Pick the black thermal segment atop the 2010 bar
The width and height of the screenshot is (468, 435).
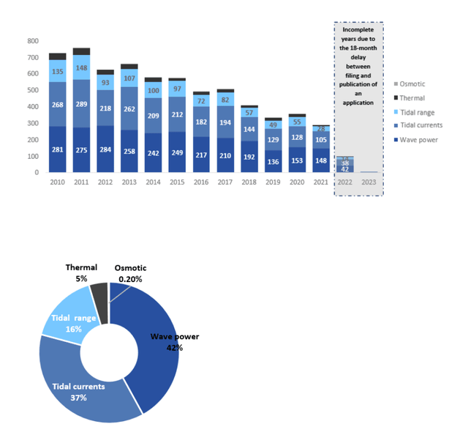coord(57,56)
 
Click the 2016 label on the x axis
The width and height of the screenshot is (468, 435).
coord(201,183)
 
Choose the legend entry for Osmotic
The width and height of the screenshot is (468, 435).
coord(413,83)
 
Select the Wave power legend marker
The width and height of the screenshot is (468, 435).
coord(396,139)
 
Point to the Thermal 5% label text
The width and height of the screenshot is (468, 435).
coord(81,273)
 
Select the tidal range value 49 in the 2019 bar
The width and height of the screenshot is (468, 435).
coord(273,124)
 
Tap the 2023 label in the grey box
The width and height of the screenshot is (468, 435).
coord(370,183)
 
